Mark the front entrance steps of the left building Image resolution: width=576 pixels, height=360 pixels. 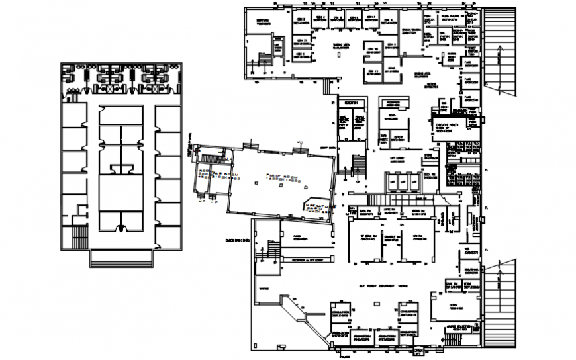tap(120, 258)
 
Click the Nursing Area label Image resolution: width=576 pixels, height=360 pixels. tap(422, 74)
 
